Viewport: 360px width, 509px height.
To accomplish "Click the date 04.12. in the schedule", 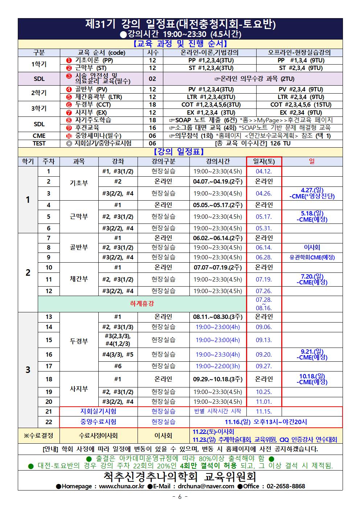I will point(264,171).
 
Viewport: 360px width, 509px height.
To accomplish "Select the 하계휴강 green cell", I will point(142,304).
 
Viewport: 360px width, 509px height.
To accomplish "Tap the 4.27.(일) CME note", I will point(312,193).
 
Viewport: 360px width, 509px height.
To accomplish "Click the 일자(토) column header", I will point(264,161).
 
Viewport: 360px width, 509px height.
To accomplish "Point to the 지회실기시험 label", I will point(98,411).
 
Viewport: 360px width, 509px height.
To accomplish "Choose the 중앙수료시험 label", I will point(98,422).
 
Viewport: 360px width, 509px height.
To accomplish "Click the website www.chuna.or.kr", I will point(122,486).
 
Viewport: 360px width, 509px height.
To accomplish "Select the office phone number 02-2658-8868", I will point(286,486).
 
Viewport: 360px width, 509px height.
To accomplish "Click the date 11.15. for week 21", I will point(264,411).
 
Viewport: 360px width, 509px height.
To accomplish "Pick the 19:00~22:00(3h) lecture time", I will point(218,366).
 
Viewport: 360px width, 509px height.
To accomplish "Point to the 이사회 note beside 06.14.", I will point(312,247).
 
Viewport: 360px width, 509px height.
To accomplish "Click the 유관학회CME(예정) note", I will point(312,257).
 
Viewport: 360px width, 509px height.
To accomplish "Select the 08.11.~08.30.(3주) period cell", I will point(218,317).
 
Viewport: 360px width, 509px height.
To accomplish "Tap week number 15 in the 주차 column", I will point(49,340).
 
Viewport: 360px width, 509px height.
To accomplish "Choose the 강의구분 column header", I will point(163,161).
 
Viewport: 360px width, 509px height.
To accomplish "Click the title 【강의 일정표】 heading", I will point(180,151).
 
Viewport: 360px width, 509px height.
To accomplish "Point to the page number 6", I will point(180,497).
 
